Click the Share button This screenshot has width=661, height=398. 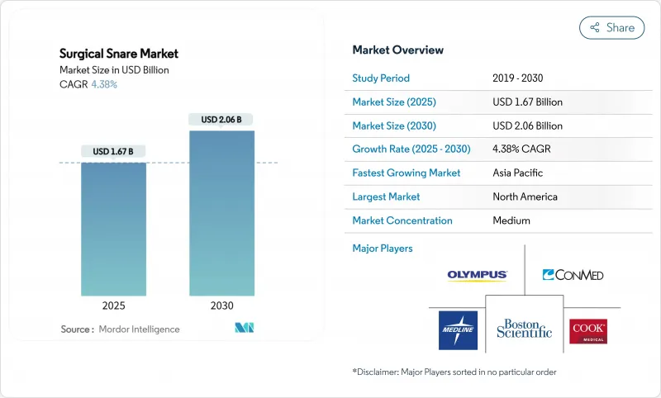611,27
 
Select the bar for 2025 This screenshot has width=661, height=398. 113,229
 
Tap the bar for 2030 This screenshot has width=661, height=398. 221,213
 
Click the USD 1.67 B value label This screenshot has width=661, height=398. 113,151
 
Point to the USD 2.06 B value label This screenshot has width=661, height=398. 221,120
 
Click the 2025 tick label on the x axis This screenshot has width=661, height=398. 113,306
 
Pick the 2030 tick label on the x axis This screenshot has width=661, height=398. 221,306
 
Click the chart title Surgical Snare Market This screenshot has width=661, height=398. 119,54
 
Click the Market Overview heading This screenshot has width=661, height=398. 397,50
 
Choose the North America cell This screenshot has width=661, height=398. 525,197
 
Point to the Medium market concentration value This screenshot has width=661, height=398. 511,220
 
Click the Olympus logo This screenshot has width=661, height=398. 477,275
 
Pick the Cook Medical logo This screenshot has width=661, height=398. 588,330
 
